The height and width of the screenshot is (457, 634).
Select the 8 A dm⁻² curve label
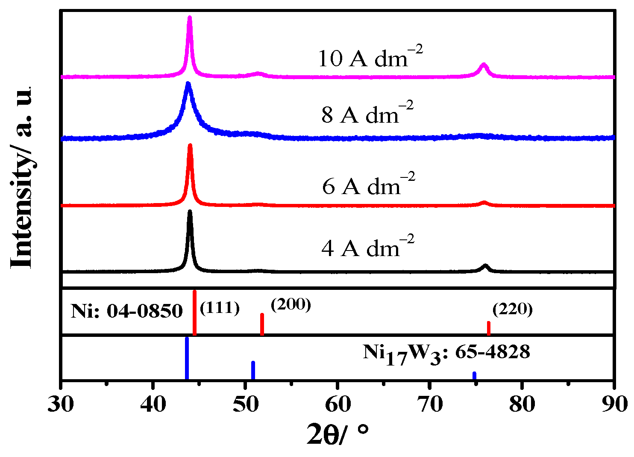367,114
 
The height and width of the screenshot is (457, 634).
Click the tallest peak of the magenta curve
190,18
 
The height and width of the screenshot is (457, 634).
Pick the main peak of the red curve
190,146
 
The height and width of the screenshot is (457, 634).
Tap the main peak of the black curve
190,212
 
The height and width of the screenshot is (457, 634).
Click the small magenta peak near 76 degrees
484,65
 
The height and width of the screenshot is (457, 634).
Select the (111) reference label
220,308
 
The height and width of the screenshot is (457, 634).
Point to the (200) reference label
291,304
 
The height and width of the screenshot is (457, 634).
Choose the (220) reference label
512,309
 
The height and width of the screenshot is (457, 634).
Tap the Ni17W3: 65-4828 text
446,354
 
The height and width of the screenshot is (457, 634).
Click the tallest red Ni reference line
194,312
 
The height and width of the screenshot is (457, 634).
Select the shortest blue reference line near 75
474,375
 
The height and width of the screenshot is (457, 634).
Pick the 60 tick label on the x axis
338,404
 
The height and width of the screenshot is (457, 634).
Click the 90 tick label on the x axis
614,404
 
